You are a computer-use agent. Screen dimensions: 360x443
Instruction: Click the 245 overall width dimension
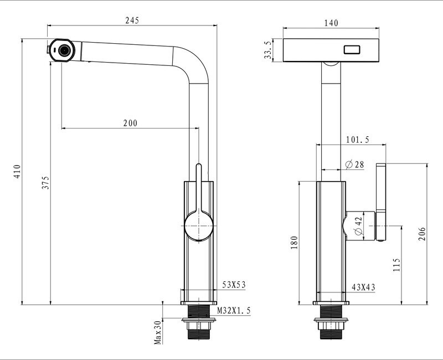point(131,20)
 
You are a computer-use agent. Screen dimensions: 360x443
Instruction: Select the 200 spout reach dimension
point(130,123)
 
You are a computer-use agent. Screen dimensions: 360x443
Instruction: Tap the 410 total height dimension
point(17,171)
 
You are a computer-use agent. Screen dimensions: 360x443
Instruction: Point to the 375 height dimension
point(45,183)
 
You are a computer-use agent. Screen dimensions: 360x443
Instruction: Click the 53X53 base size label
point(234,285)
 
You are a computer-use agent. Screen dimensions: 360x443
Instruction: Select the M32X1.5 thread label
point(234,311)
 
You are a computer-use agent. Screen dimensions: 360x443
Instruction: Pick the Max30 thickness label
point(157,332)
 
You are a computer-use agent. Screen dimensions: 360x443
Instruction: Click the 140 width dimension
point(331,23)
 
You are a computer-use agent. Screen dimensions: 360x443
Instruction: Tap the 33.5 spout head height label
point(269,50)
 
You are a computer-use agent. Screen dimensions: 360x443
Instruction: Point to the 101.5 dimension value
point(358,140)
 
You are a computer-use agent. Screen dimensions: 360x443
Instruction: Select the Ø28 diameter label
point(354,164)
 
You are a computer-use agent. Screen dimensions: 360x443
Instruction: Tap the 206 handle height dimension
point(423,233)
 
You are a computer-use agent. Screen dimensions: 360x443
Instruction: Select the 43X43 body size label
point(364,287)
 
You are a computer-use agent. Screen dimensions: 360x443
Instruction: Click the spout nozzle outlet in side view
point(65,50)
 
